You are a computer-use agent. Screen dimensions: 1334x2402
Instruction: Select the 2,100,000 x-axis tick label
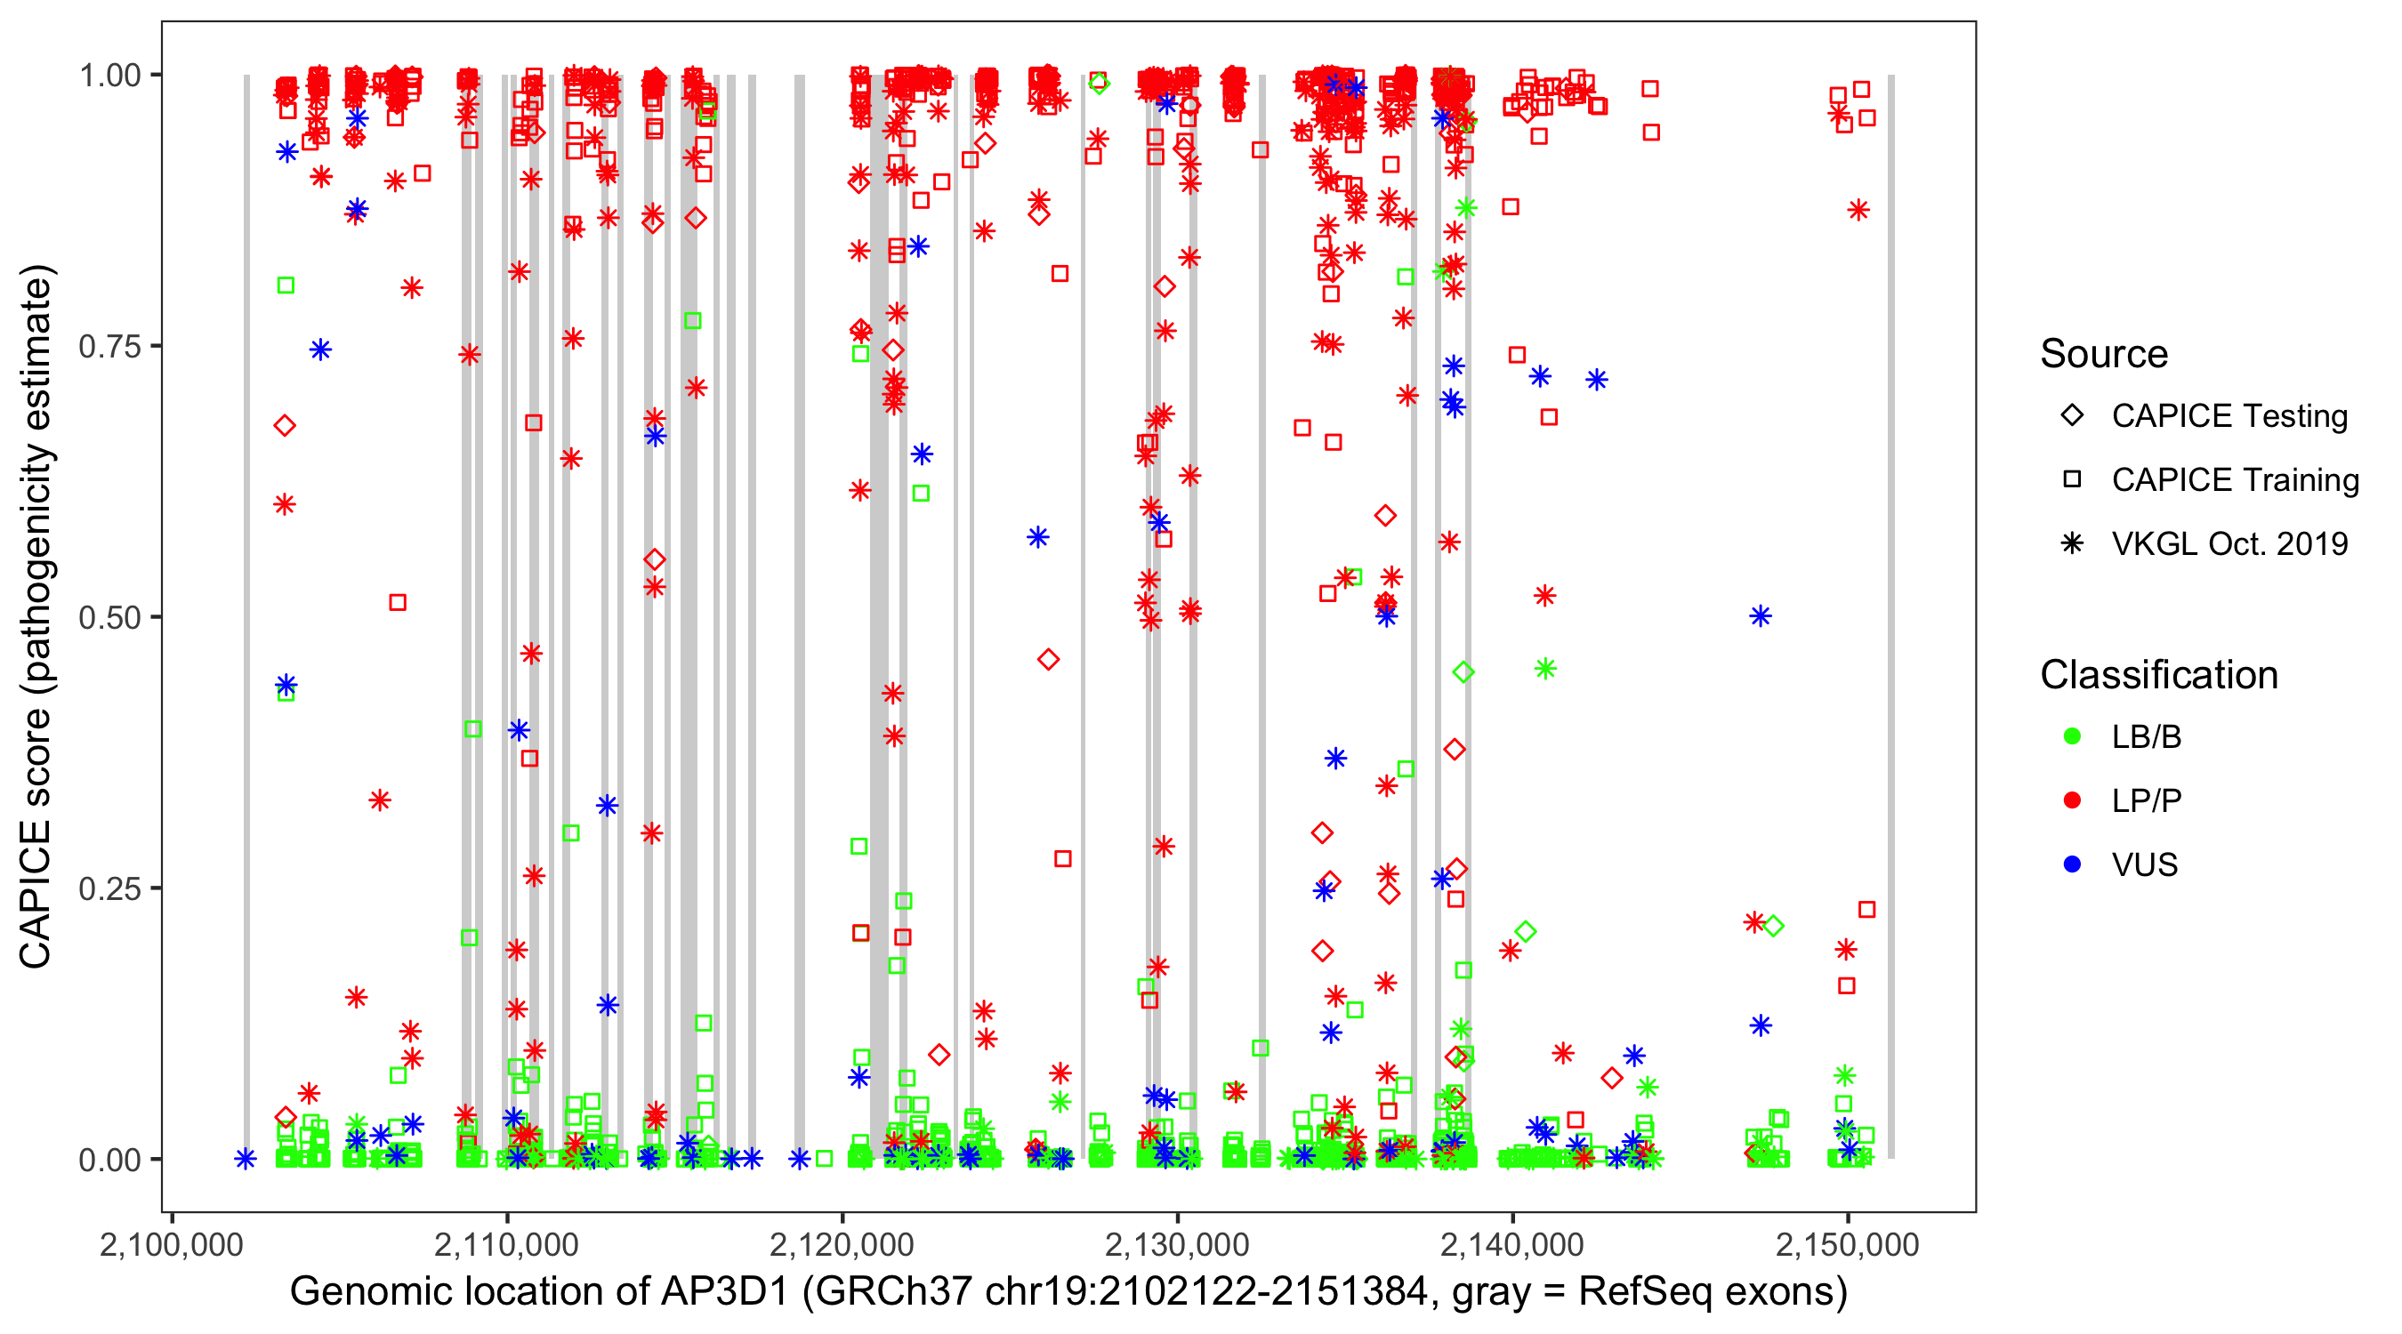(172, 1244)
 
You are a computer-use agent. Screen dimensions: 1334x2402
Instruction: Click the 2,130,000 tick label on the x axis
(1177, 1244)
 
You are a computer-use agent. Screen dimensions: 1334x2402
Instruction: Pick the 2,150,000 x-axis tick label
(1847, 1244)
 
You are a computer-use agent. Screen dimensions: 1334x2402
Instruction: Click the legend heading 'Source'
(2104, 354)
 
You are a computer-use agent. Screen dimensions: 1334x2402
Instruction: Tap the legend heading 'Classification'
(2158, 675)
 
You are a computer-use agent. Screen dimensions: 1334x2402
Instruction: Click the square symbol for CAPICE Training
(2072, 480)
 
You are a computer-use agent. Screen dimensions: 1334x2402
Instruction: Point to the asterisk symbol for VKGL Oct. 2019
(2072, 543)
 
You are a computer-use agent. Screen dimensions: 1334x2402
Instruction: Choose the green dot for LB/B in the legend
(2072, 737)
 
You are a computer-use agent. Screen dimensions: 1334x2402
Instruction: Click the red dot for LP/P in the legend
(2072, 800)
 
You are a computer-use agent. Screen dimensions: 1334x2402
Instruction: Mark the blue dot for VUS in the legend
(2072, 865)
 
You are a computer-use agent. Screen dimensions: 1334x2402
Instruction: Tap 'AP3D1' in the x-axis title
(724, 1292)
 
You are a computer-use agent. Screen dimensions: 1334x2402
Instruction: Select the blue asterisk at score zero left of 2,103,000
(246, 1160)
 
